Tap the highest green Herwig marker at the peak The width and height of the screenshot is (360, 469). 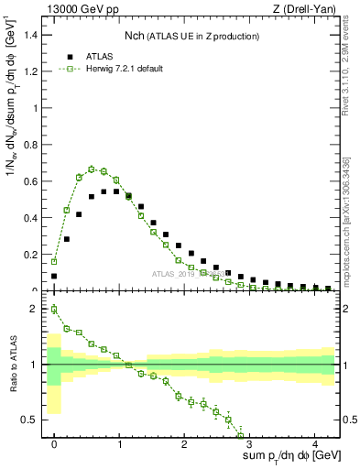(92, 169)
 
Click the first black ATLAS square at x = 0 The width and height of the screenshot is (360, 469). (54, 276)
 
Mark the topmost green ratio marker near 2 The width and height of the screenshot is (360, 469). (54, 309)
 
